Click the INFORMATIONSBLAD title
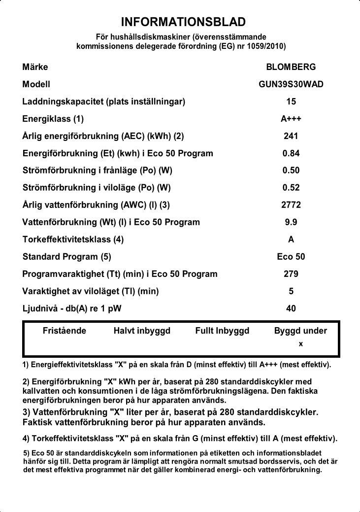point(183,22)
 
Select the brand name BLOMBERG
point(291,67)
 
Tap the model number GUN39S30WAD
point(291,84)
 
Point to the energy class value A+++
point(291,119)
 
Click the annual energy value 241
point(291,136)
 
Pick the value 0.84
point(291,153)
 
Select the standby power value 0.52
point(291,188)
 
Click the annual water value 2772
point(291,205)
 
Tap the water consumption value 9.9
point(291,222)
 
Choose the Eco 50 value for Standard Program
point(291,257)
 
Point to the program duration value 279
point(291,274)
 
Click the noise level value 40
point(291,308)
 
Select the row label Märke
point(35,67)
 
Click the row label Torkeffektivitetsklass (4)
point(73,239)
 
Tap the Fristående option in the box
point(65,331)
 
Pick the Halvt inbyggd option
point(142,331)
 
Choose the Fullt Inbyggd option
point(222,331)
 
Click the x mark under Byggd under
point(300,343)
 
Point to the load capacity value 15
point(291,102)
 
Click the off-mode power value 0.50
point(291,171)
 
